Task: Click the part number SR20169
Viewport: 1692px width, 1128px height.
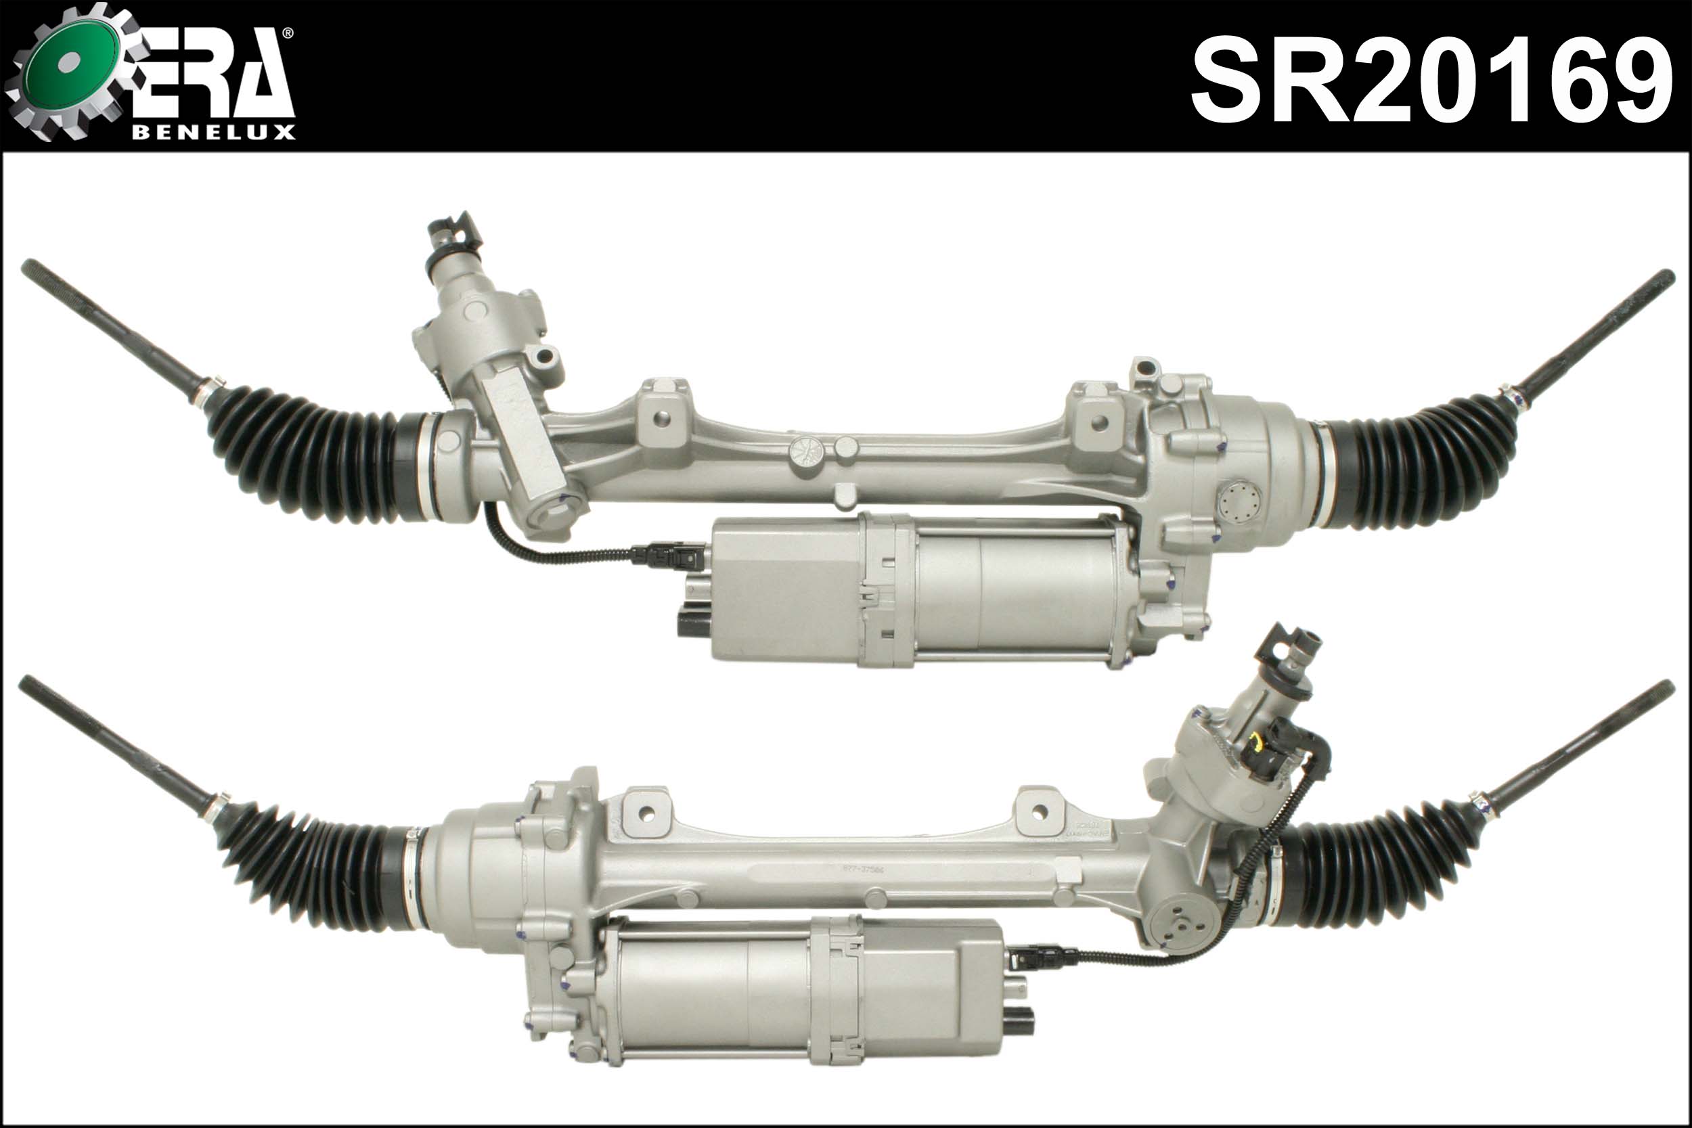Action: [1431, 81]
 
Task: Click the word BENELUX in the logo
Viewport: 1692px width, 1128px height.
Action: [214, 133]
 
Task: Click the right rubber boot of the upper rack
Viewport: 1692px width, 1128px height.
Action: [1421, 464]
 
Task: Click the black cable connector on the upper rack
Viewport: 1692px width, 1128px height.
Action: [662, 555]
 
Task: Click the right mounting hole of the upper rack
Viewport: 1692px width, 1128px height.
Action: [1098, 423]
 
